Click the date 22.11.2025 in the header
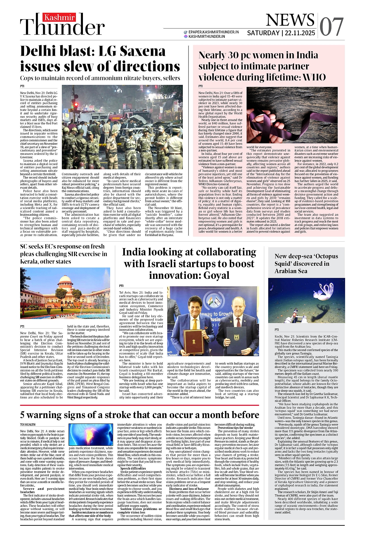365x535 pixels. (x=300, y=33)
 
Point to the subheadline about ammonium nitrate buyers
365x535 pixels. (x=100, y=78)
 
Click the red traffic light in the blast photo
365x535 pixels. (x=76, y=104)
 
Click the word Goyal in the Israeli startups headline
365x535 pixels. (x=216, y=275)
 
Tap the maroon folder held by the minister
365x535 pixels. (x=193, y=342)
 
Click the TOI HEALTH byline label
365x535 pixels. (x=28, y=424)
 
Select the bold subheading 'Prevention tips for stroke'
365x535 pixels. (x=235, y=428)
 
